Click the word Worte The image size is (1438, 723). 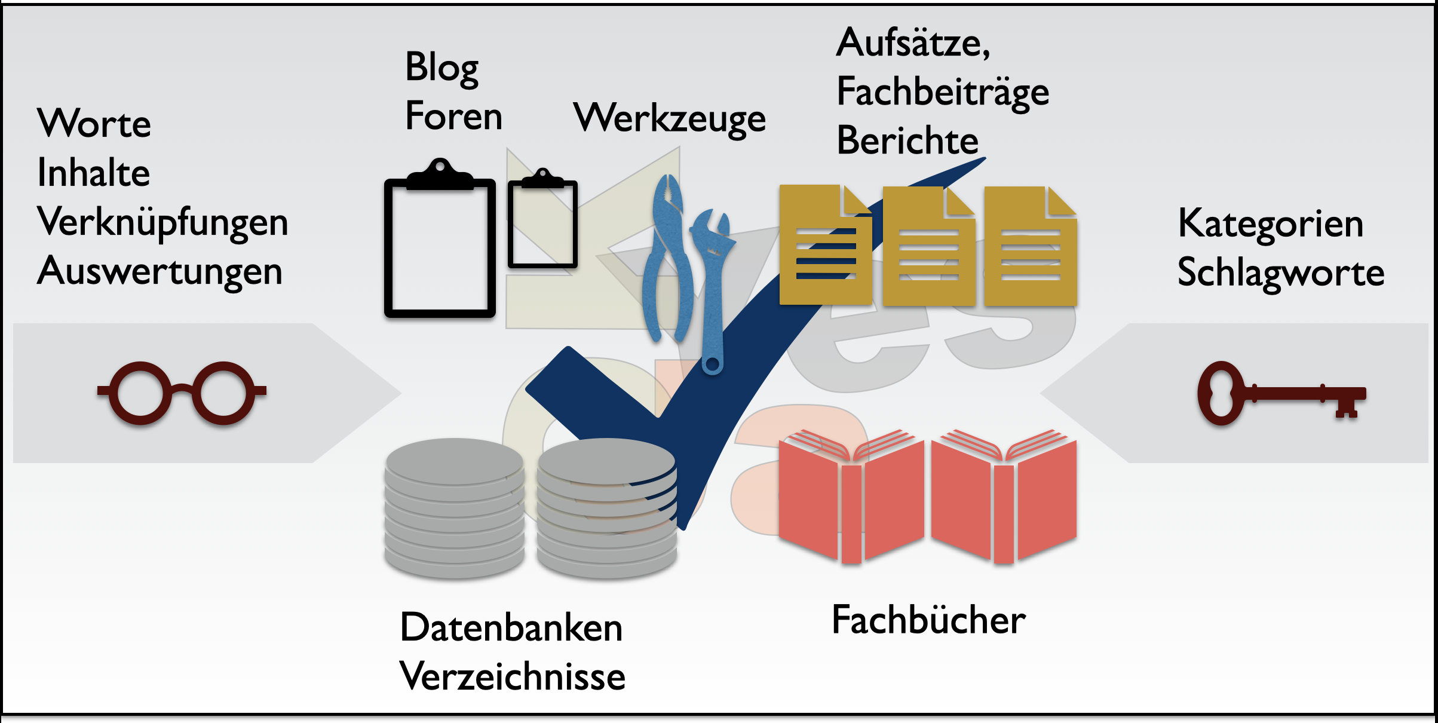point(94,124)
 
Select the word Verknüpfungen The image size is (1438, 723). point(162,222)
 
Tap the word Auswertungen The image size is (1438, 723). point(160,271)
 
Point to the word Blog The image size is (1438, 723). point(441,68)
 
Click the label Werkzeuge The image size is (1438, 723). point(669,118)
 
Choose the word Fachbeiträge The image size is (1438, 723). point(942,93)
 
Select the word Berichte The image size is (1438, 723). point(907,141)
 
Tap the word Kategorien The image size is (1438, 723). point(1270,224)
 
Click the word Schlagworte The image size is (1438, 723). point(1280,273)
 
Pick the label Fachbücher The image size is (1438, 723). point(928,620)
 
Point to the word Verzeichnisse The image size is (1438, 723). point(512,676)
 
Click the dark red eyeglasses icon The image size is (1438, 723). point(182,393)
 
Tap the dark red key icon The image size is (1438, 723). point(1281,394)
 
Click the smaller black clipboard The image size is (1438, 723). point(542,224)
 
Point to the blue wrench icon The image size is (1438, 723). point(712,287)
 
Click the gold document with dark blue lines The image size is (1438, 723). point(824,245)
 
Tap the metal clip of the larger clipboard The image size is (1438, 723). point(440,174)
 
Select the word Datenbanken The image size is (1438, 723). point(511,628)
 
